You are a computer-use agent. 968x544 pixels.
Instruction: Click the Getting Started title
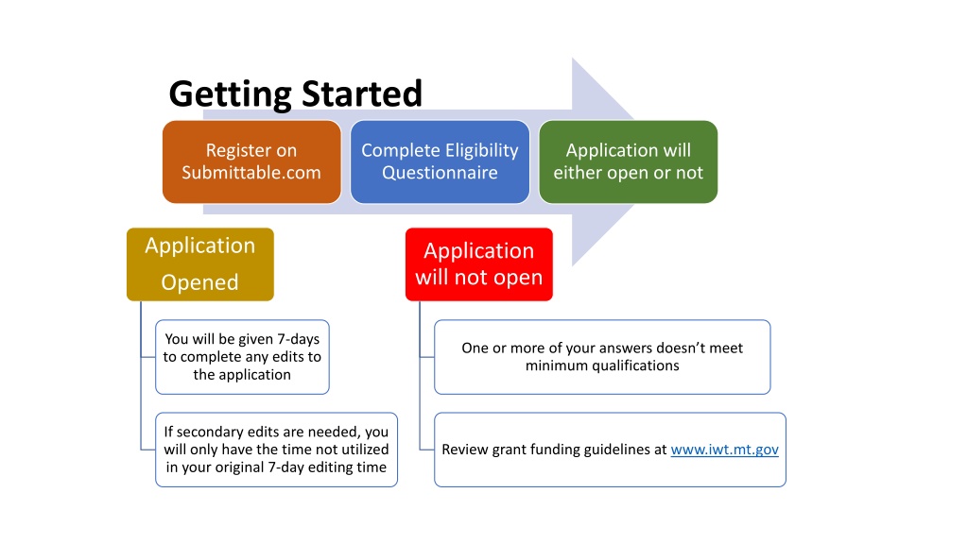point(295,94)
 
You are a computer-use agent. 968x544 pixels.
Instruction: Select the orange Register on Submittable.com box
point(251,161)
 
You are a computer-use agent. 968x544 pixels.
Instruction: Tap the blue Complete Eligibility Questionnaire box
point(441,161)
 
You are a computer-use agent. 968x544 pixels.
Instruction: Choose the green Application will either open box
point(629,161)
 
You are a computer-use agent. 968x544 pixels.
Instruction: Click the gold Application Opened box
point(200,264)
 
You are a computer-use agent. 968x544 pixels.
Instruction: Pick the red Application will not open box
point(479,264)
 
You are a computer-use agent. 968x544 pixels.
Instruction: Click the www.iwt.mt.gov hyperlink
point(725,450)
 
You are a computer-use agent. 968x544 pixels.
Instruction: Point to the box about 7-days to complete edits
point(242,357)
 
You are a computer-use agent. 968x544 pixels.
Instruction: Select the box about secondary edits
point(276,450)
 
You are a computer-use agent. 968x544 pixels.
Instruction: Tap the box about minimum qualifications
point(602,357)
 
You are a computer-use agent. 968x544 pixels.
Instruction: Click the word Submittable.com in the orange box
point(251,173)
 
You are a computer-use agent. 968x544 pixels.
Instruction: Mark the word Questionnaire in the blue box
point(441,173)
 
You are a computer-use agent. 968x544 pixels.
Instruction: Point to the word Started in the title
point(362,93)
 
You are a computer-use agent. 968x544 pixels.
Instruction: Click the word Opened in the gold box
point(200,282)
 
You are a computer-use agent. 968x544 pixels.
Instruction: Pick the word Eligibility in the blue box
point(482,151)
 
